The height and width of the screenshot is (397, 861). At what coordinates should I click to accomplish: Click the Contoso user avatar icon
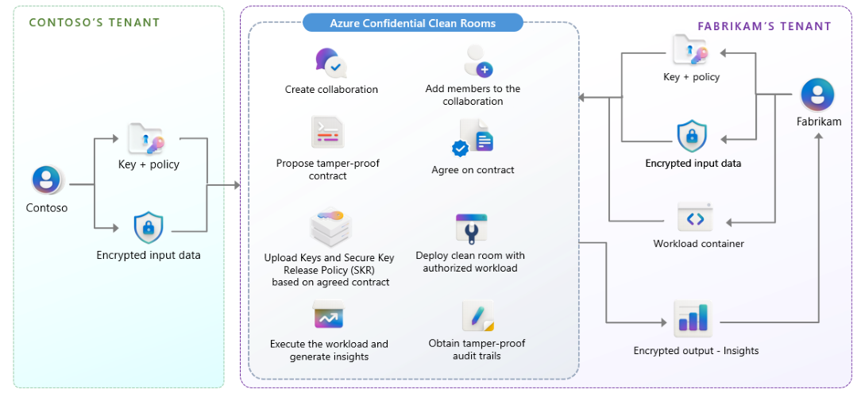(x=48, y=180)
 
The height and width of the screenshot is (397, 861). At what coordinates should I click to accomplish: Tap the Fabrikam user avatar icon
(x=817, y=95)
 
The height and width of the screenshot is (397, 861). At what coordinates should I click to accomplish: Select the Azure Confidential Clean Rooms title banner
(x=412, y=23)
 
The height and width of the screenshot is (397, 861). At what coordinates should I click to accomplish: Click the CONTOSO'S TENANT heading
(x=95, y=23)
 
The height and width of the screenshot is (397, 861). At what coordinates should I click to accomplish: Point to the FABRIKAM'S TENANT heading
(x=764, y=26)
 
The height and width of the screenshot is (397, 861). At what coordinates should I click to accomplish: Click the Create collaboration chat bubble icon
(x=330, y=63)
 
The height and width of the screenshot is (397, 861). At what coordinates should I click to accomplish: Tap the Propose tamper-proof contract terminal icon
(x=327, y=133)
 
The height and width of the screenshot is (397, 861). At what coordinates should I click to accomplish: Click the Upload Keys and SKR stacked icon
(x=330, y=228)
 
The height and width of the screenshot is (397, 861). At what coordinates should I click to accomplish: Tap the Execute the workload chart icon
(x=329, y=317)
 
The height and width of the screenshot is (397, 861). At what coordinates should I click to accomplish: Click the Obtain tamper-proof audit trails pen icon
(x=478, y=317)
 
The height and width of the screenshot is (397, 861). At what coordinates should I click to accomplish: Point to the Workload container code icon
(x=695, y=218)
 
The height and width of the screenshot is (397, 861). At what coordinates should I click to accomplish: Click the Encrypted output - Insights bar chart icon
(x=693, y=319)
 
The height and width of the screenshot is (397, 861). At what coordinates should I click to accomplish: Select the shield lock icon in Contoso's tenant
(x=149, y=229)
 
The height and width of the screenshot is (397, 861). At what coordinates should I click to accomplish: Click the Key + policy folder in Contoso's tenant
(x=147, y=139)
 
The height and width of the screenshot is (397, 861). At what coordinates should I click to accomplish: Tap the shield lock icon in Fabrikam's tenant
(x=692, y=137)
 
